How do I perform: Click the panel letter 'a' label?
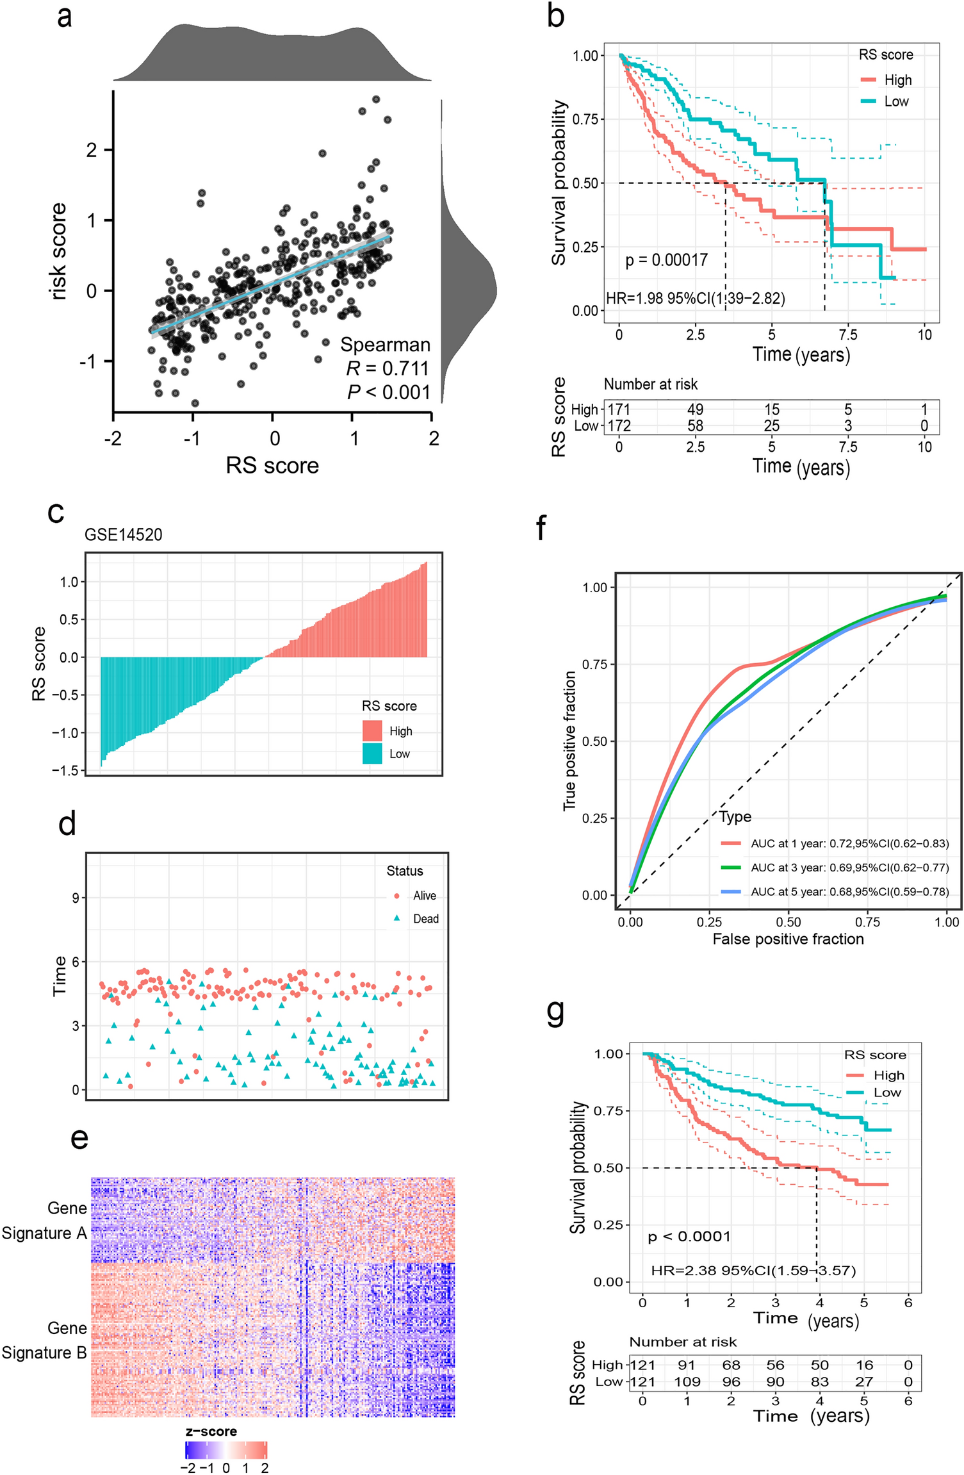[64, 18]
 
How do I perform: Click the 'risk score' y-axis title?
[58, 251]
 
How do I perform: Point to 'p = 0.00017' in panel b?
[666, 260]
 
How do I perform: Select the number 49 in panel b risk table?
[695, 409]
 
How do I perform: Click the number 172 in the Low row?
[619, 426]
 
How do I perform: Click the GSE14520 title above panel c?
[123, 534]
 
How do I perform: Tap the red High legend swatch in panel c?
[372, 730]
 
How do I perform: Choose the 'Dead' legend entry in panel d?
[425, 919]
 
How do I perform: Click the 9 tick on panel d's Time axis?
[76, 898]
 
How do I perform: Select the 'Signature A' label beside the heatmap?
[44, 1233]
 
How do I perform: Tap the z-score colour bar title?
[211, 1431]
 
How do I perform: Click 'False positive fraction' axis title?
[788, 939]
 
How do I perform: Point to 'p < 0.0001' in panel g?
[689, 1237]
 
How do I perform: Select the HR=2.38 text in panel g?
[753, 1271]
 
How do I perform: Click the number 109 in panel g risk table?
[687, 1382]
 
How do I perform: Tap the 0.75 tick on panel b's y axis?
[585, 119]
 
